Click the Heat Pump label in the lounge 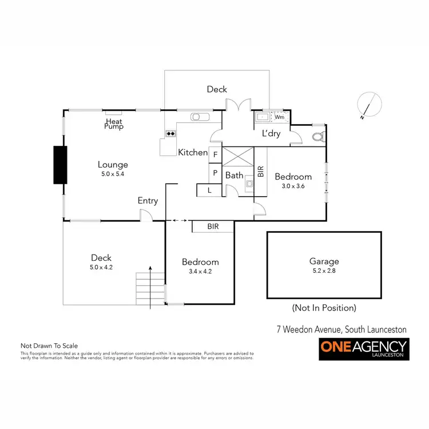[113, 124]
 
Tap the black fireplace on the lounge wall [60, 165]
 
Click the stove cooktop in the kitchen [170, 134]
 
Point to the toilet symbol [318, 136]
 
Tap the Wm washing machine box [279, 117]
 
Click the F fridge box [216, 154]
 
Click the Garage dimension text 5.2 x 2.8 [324, 271]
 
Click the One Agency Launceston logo [363, 348]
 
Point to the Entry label [148, 201]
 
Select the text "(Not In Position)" [324, 308]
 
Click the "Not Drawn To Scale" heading [49, 345]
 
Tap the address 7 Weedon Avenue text [341, 329]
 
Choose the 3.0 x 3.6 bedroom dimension [293, 186]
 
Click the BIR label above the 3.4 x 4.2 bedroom [213, 227]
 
